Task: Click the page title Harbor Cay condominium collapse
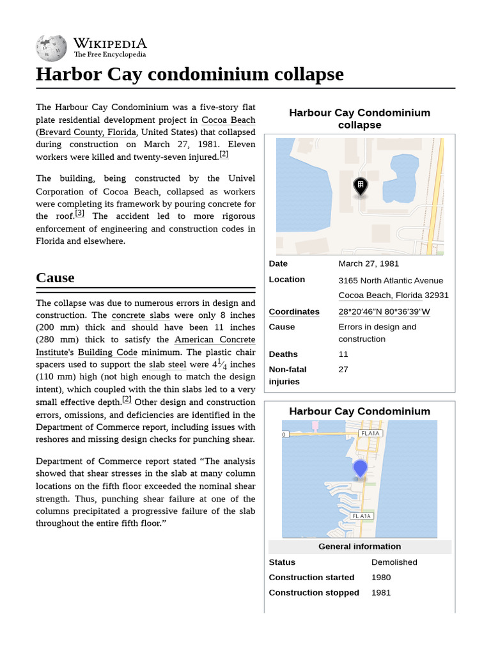pos(189,74)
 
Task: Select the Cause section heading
pos(55,278)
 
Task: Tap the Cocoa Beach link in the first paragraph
pos(228,120)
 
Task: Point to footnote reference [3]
pos(80,213)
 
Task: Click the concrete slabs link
pos(140,315)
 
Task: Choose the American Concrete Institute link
pos(214,340)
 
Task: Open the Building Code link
pos(107,352)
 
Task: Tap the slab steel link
pos(168,365)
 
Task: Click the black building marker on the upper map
pos(360,186)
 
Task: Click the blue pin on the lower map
pos(360,468)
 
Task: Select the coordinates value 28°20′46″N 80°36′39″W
pos(384,312)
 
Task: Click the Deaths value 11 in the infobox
pos(343,354)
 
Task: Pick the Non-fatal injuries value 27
pos(343,370)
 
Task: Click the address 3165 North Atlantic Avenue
pos(390,280)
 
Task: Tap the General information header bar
pos(359,546)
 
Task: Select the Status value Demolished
pos(394,562)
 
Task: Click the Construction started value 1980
pos(381,578)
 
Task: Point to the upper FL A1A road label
pos(370,433)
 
